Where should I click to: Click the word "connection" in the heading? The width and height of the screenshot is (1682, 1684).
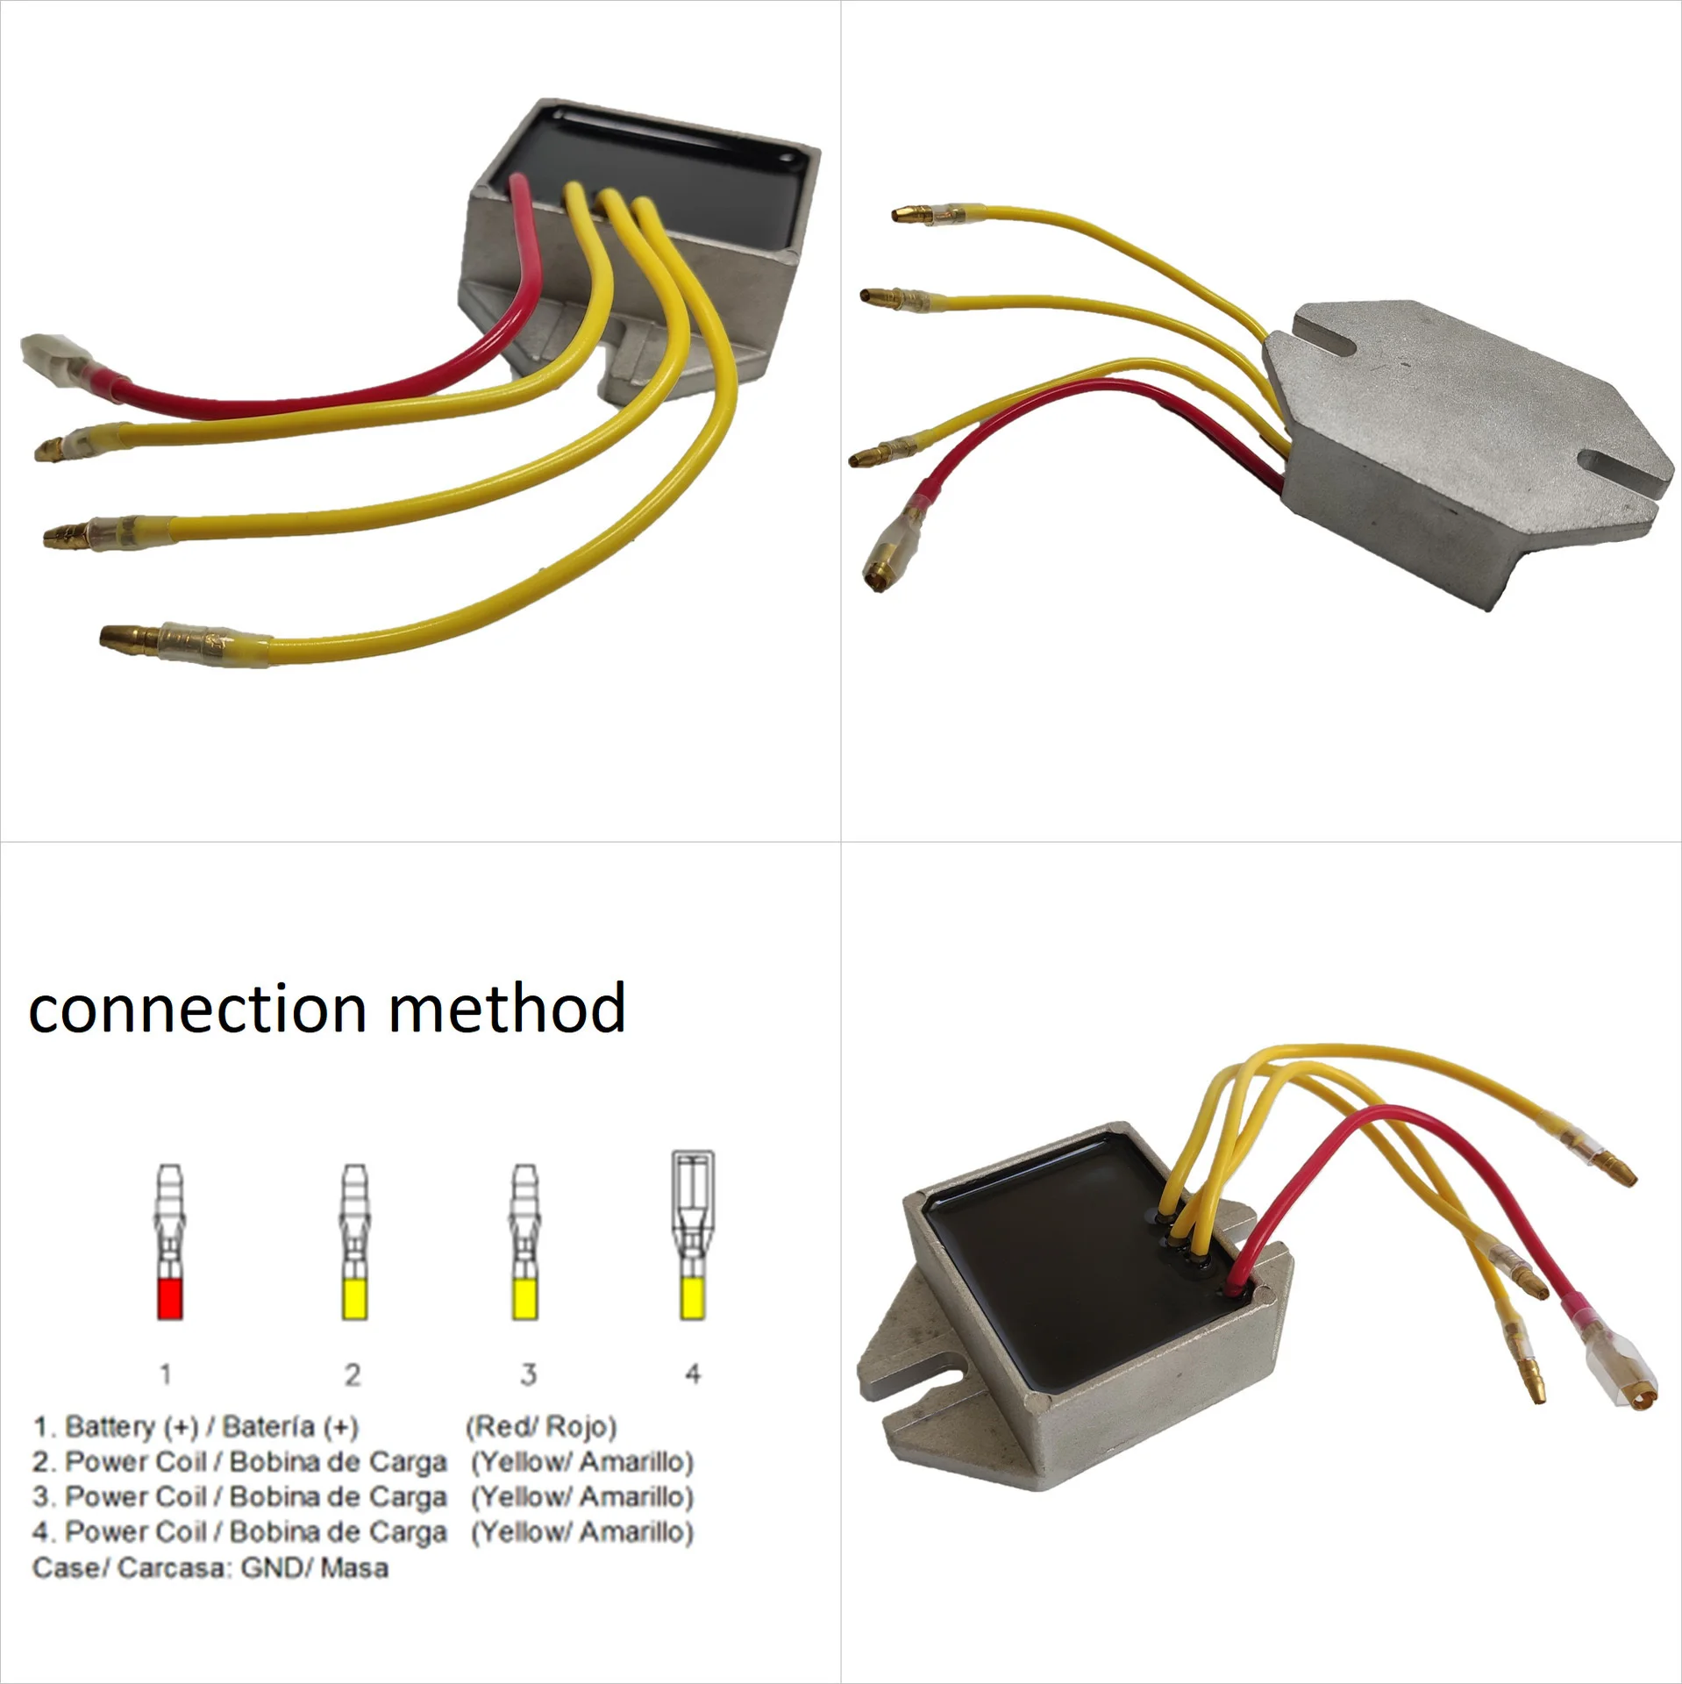point(197,1009)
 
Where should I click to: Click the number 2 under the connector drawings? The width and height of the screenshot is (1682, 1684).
point(353,1374)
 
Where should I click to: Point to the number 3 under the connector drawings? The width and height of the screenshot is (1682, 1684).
point(528,1374)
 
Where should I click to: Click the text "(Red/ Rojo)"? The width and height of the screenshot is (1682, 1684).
point(541,1427)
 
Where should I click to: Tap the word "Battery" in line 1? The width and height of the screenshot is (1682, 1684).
point(110,1427)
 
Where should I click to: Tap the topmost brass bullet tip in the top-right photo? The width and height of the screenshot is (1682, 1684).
point(912,213)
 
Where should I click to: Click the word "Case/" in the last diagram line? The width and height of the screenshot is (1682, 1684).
point(70,1567)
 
